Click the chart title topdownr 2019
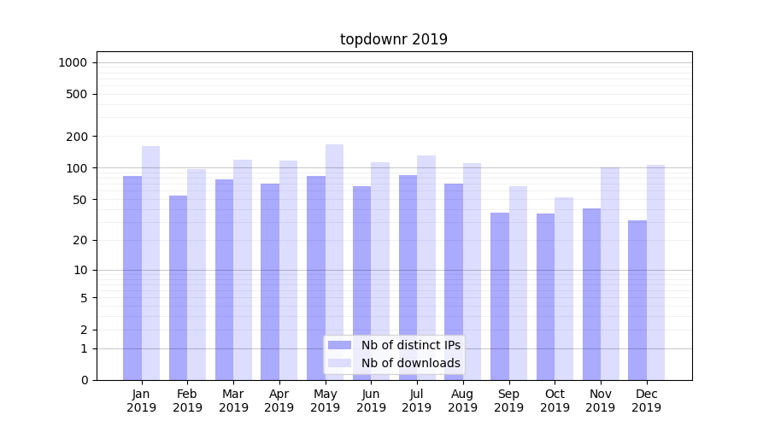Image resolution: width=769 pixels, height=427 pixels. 393,39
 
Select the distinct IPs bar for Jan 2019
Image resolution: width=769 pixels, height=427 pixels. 132,278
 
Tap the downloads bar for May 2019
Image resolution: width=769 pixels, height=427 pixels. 334,262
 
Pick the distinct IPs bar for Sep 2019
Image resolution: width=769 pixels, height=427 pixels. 500,296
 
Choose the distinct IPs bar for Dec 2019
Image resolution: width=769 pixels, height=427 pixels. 637,300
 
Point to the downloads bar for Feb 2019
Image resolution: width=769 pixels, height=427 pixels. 197,274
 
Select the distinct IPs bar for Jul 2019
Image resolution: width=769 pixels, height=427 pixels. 408,278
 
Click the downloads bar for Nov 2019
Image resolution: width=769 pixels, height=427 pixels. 609,273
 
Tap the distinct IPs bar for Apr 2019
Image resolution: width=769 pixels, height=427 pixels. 270,282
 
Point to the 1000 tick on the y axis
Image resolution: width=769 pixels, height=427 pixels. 73,62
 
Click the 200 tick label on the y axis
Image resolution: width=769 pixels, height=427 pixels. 77,137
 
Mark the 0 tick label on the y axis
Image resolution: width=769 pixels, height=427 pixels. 84,380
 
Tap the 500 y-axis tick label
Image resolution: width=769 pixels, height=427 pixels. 77,94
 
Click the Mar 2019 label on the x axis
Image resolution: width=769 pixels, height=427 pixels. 233,401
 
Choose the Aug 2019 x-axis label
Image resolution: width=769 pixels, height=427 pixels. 462,401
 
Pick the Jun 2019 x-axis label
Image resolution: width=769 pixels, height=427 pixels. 371,401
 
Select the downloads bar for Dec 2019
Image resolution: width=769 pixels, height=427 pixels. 655,272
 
